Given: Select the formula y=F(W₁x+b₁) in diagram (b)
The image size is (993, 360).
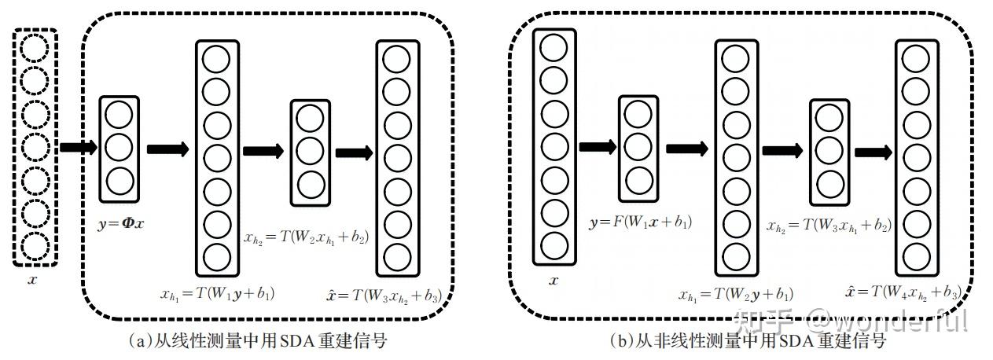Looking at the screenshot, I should coord(640,222).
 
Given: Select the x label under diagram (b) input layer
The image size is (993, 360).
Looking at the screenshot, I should coord(554,280).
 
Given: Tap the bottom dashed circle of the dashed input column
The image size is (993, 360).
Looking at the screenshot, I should coord(35,247).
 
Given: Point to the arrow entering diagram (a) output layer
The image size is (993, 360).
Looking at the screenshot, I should coord(355,152).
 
